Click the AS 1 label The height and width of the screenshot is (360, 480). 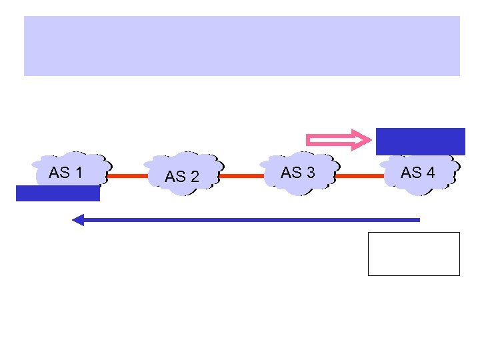tap(65, 173)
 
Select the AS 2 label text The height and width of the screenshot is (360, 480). tap(182, 177)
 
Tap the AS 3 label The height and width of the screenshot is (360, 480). tap(297, 173)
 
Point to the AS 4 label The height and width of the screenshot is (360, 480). tap(417, 173)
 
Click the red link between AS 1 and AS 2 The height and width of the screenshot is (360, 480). tap(127, 177)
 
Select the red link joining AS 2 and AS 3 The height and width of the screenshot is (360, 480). tap(241, 177)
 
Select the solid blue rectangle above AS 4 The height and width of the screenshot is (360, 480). tap(420, 141)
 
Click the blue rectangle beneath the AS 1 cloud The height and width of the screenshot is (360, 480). tap(58, 193)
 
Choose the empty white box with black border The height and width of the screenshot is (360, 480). tap(413, 253)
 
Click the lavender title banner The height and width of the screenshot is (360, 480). tap(241, 46)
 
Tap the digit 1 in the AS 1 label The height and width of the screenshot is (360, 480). tap(79, 173)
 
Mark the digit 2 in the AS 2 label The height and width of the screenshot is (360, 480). tap(195, 177)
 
